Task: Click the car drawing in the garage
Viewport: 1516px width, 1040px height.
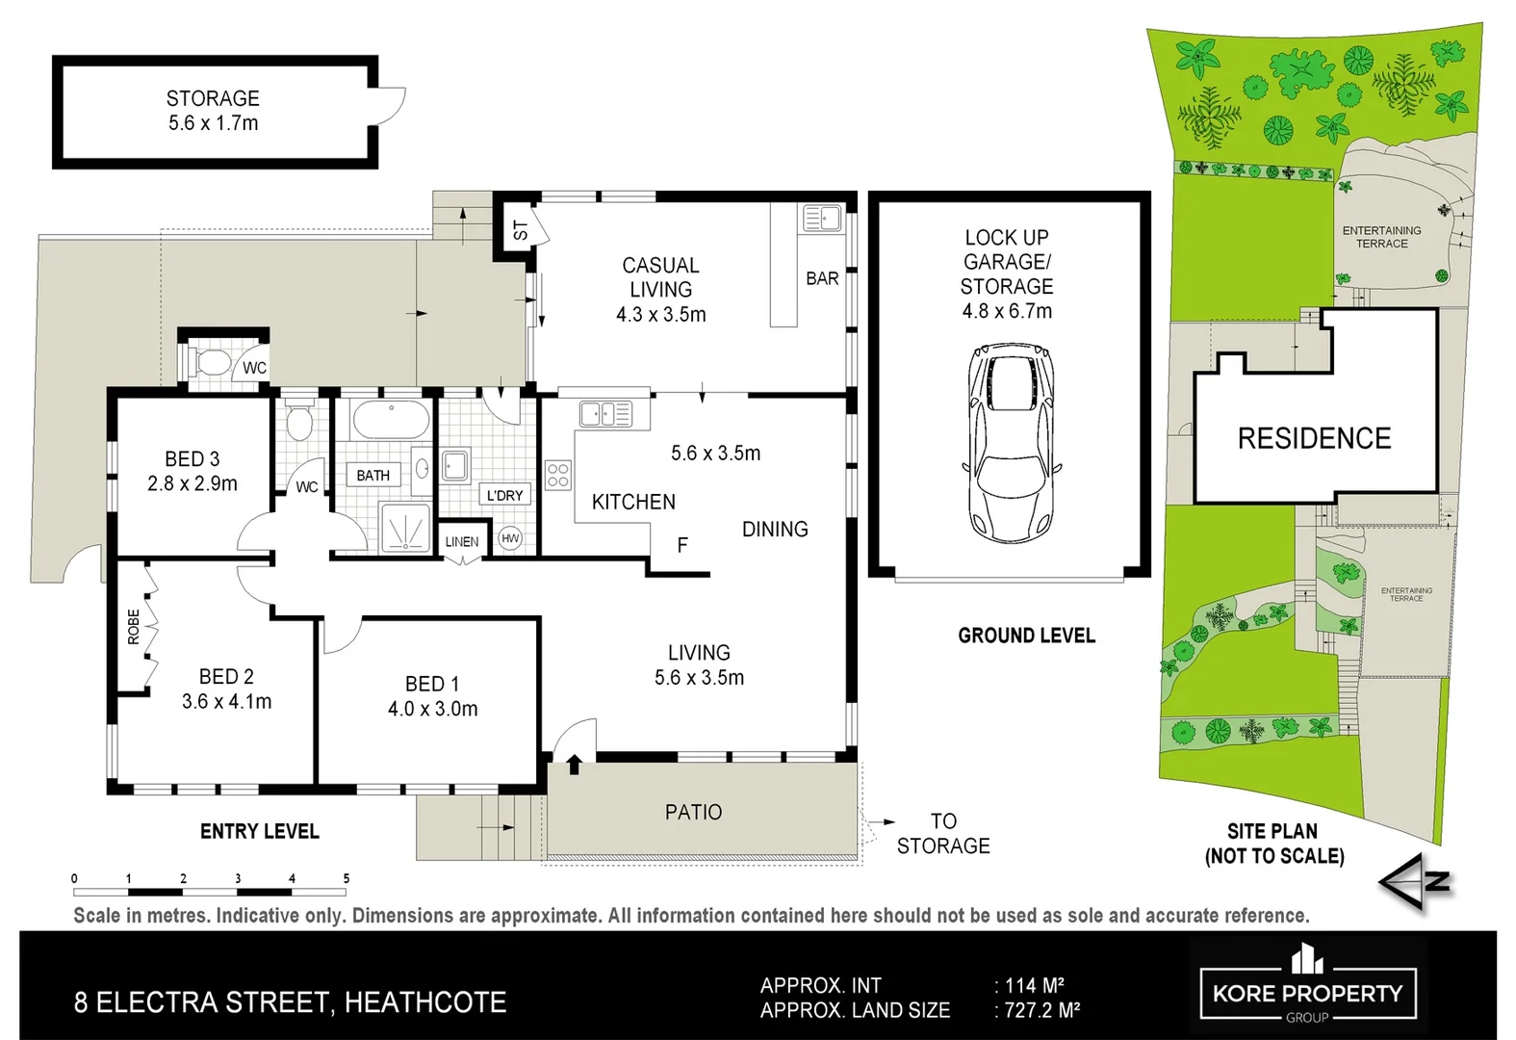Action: pos(1009,444)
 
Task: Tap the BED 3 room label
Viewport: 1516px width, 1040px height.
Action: pos(193,459)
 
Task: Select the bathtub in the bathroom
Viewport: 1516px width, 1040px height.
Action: pos(391,421)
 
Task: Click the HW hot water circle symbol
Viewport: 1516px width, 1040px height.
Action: pos(510,539)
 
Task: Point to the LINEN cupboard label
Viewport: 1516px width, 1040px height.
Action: pos(462,542)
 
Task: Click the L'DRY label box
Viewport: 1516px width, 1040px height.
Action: pos(504,495)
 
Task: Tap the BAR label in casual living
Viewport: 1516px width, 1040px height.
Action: pos(822,278)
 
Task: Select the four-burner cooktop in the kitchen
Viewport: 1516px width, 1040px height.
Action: pos(558,475)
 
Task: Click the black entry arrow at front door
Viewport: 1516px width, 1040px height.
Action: pos(575,765)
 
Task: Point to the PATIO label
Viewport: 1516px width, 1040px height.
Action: pos(693,813)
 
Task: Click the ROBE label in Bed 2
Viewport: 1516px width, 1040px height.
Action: pos(134,627)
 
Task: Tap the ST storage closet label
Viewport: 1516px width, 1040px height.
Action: pos(521,230)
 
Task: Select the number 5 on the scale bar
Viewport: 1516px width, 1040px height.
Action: pos(347,878)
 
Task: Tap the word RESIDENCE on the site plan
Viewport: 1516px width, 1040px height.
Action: pos(1314,439)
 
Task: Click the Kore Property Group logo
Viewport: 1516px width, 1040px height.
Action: pos(1307,984)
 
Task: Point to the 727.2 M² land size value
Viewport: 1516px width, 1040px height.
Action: pos(1042,1010)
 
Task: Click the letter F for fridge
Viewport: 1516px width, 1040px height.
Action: pos(682,546)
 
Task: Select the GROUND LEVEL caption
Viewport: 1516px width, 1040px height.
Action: pos(1026,636)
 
